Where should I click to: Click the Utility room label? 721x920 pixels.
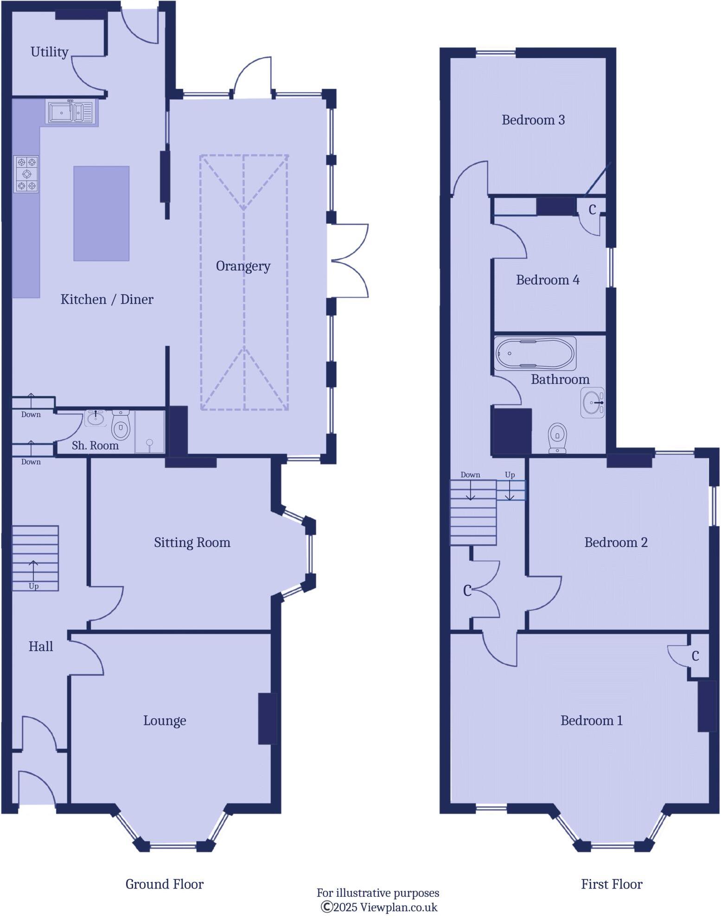click(49, 51)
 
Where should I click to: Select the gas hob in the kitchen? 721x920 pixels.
click(26, 174)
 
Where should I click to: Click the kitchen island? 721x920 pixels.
click(101, 213)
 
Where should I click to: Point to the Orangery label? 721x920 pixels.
click(243, 266)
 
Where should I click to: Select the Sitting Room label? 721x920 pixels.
click(192, 542)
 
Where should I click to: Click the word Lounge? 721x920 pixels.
click(165, 720)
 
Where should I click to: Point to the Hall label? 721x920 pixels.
click(41, 646)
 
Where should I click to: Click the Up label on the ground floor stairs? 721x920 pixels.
click(34, 586)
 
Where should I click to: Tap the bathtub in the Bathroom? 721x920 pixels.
click(535, 353)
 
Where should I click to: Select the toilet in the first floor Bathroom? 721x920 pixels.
click(557, 438)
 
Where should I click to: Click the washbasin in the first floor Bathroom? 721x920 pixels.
click(593, 402)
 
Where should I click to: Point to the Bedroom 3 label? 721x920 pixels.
click(533, 120)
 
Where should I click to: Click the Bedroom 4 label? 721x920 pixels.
click(548, 279)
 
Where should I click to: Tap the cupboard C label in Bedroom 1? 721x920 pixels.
click(695, 656)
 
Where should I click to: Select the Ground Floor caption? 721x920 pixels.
click(165, 884)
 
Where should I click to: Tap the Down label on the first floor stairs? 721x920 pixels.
click(470, 475)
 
